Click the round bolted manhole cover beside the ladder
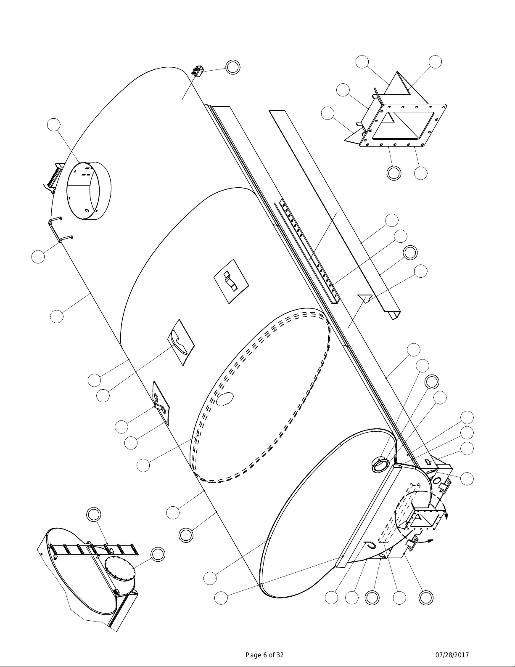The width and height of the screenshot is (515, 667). tap(119, 569)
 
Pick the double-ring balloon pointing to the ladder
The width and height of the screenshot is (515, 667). tap(93, 514)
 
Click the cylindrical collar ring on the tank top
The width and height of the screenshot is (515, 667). tap(89, 191)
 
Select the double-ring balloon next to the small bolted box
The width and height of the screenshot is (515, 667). tap(232, 67)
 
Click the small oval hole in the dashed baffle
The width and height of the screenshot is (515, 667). tap(224, 399)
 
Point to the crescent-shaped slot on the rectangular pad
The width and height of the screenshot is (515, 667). tap(181, 342)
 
